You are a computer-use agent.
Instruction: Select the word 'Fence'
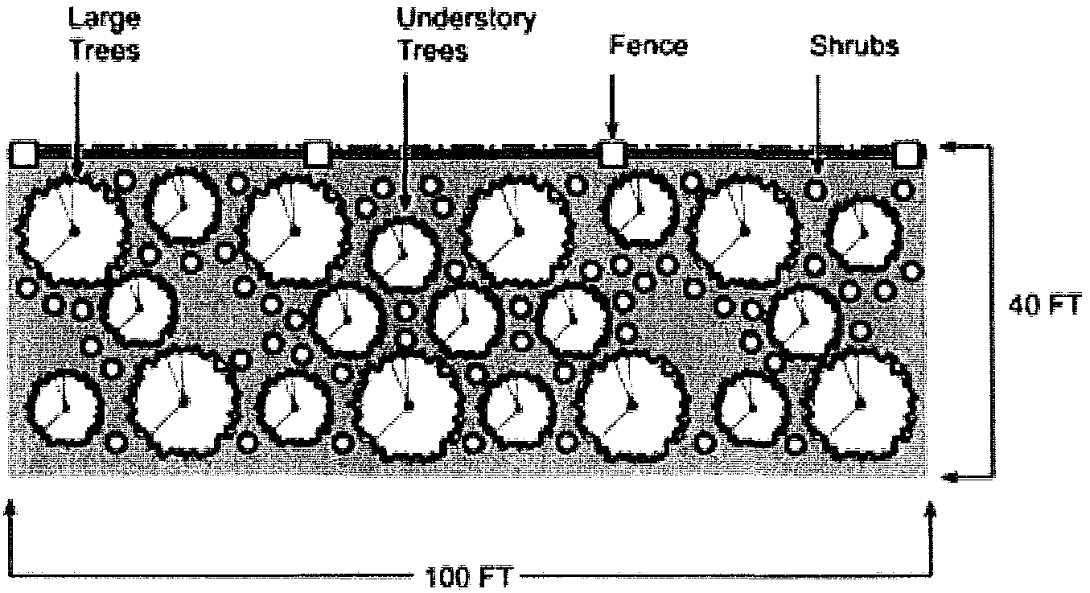click(648, 45)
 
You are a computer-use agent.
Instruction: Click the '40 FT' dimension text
click(1043, 306)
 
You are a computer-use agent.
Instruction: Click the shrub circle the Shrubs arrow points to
click(816, 190)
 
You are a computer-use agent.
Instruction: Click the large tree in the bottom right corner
click(860, 402)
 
